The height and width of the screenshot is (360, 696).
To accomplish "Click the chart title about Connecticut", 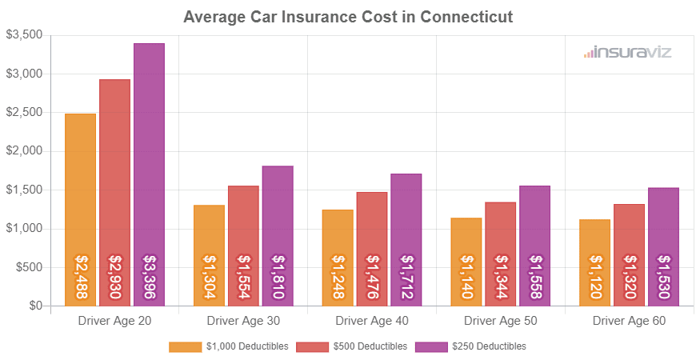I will pos(348,17).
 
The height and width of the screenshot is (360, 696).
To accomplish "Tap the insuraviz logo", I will pos(627,53).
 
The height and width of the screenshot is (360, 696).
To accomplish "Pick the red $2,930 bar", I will pos(114,192).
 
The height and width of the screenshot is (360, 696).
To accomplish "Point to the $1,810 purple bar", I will pos(278,235).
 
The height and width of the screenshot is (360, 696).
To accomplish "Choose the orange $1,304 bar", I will pos(209,255).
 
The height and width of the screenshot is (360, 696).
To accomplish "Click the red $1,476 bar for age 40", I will pos(372,249).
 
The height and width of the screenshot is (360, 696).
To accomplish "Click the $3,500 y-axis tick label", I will pos(25,35).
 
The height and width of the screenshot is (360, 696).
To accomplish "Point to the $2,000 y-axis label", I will pos(25,151).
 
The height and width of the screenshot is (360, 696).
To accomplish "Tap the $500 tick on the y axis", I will pos(30,267).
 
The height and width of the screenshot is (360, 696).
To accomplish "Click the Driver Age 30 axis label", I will pos(243,321).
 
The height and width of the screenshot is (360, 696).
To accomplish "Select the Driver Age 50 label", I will pos(501,321).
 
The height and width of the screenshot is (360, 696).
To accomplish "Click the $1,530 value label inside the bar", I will pos(663,276).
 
